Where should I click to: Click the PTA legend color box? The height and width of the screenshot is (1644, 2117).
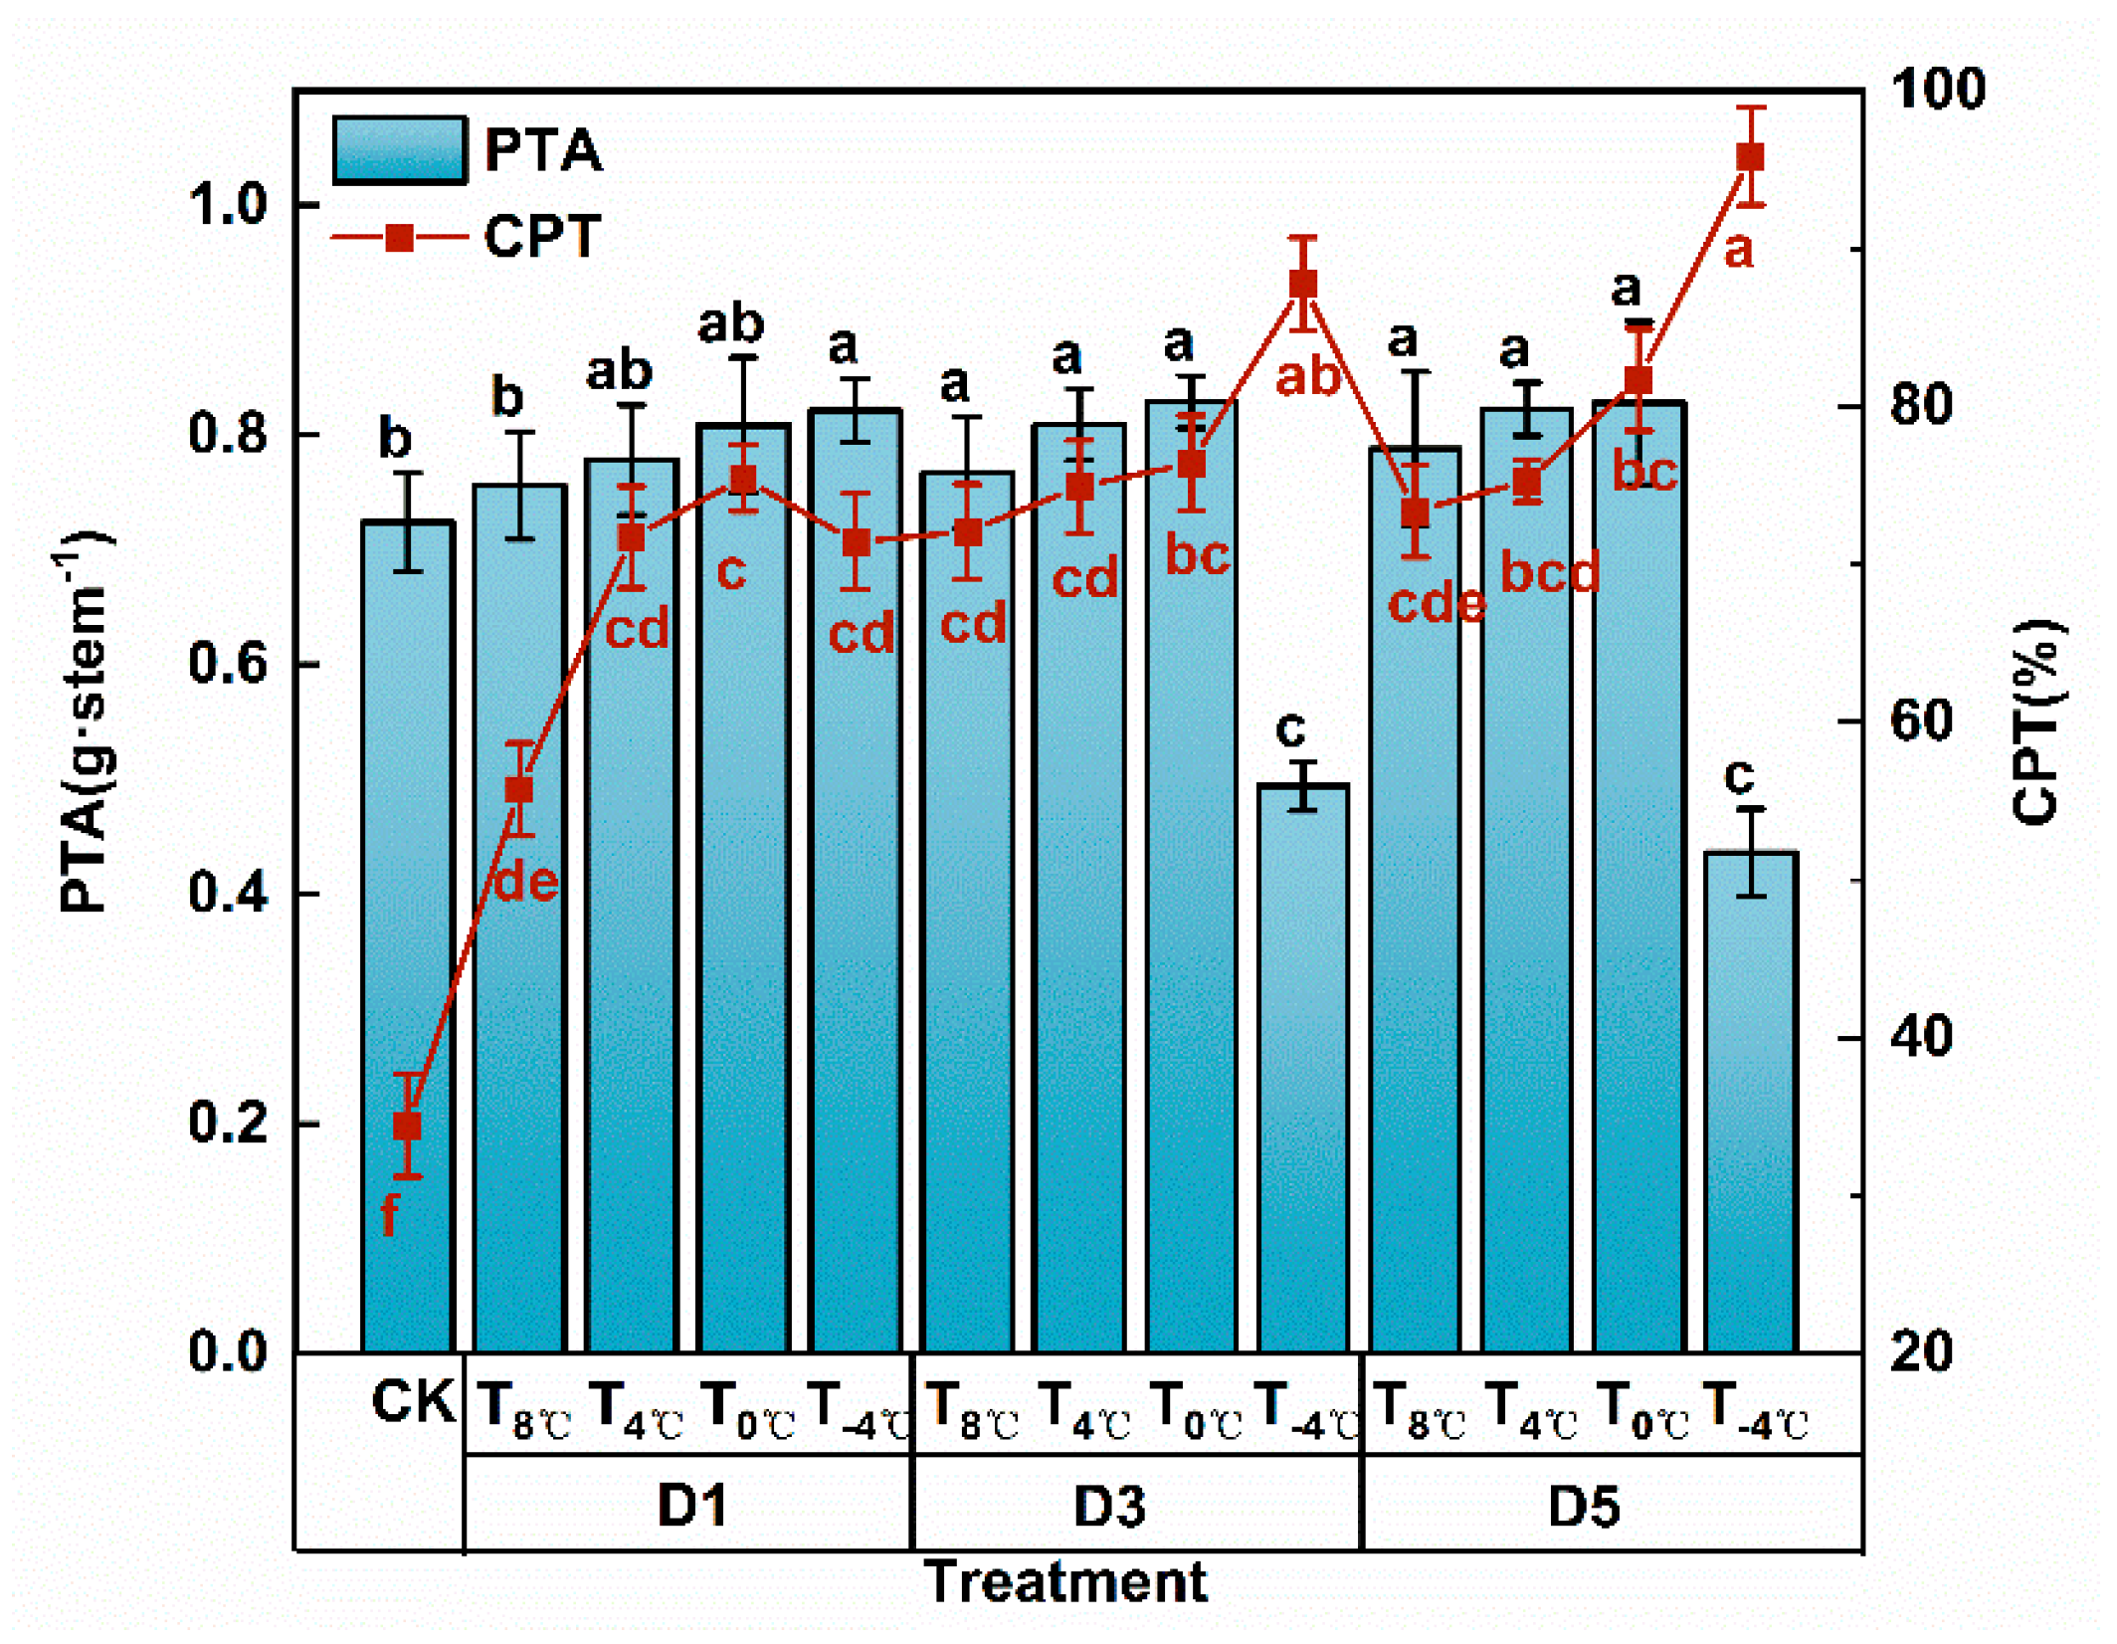tap(400, 150)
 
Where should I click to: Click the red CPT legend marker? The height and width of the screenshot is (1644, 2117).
tap(400, 238)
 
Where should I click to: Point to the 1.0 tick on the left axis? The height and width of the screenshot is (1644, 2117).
tap(230, 205)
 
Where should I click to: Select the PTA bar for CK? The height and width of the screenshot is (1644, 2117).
tap(409, 935)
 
